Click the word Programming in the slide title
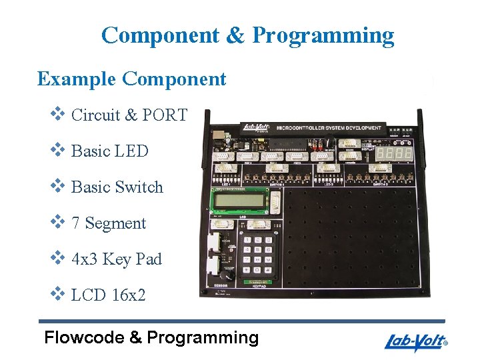tap(323, 35)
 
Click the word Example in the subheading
tap(76, 79)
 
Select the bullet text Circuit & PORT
tap(129, 115)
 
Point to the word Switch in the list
tap(141, 187)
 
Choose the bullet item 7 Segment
tap(108, 223)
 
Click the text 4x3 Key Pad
tap(116, 259)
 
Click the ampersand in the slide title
tap(235, 35)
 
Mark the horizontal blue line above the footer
tap(241, 321)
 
